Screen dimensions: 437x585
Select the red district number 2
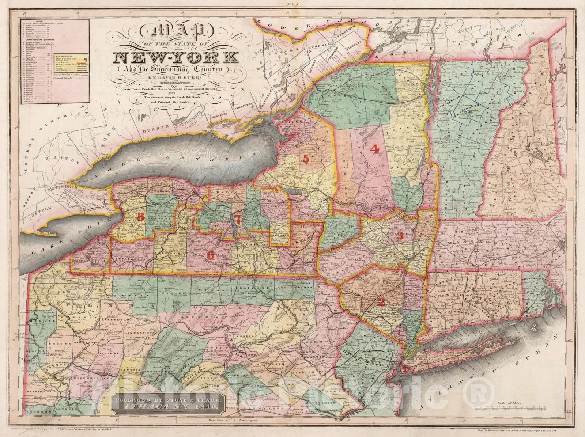click(x=381, y=302)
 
